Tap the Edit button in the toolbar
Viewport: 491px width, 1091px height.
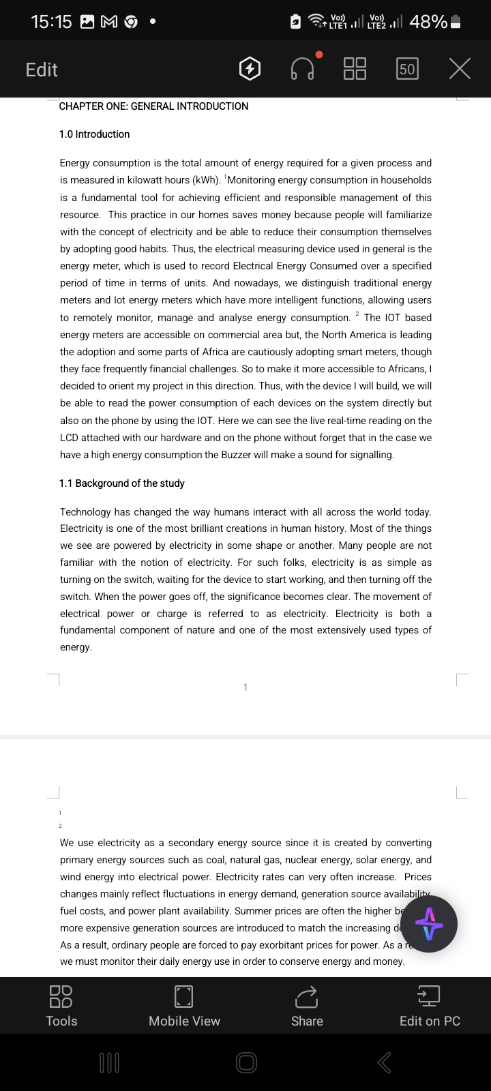coord(42,70)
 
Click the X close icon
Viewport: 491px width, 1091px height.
coord(460,69)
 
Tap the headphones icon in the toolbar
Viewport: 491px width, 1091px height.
coord(303,69)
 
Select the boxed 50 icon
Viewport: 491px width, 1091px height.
coord(407,69)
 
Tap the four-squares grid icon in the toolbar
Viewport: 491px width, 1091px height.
coord(355,69)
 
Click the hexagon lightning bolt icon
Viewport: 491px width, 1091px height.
coord(250,69)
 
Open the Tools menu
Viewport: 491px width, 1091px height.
coord(61,1006)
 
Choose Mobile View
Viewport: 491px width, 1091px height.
coord(184,1006)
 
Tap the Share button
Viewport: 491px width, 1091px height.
coord(307,1006)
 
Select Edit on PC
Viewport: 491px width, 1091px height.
coord(430,1006)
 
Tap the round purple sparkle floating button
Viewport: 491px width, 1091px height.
coord(429,924)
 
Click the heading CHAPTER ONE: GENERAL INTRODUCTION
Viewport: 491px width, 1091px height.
coord(153,106)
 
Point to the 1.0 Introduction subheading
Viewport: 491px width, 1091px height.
coord(94,134)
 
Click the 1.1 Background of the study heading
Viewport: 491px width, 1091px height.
coord(121,483)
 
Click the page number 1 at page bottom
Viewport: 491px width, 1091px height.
coord(245,687)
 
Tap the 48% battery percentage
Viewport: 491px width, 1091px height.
coord(428,22)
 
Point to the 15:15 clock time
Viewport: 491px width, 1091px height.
coord(51,22)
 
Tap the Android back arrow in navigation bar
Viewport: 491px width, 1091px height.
coord(385,1062)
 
